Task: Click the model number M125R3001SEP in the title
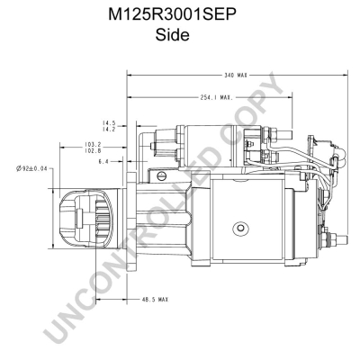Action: (x=173, y=15)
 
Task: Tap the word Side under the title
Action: (x=172, y=35)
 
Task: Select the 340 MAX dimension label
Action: (x=236, y=76)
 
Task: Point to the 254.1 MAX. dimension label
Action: (x=217, y=97)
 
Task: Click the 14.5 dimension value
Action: (x=109, y=123)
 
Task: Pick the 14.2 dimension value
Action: (x=109, y=129)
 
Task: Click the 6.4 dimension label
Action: (x=103, y=162)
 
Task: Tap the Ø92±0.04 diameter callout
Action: (x=31, y=168)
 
